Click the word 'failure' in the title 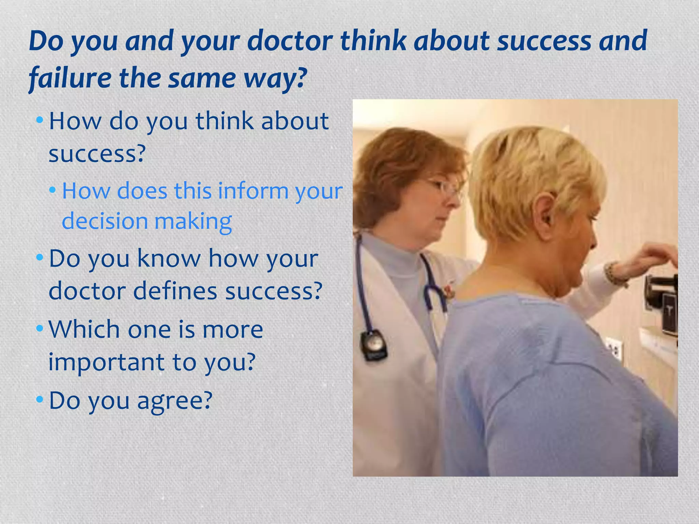point(70,78)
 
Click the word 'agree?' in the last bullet point(175,401)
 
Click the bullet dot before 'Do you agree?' point(40,398)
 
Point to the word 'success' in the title point(544,41)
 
